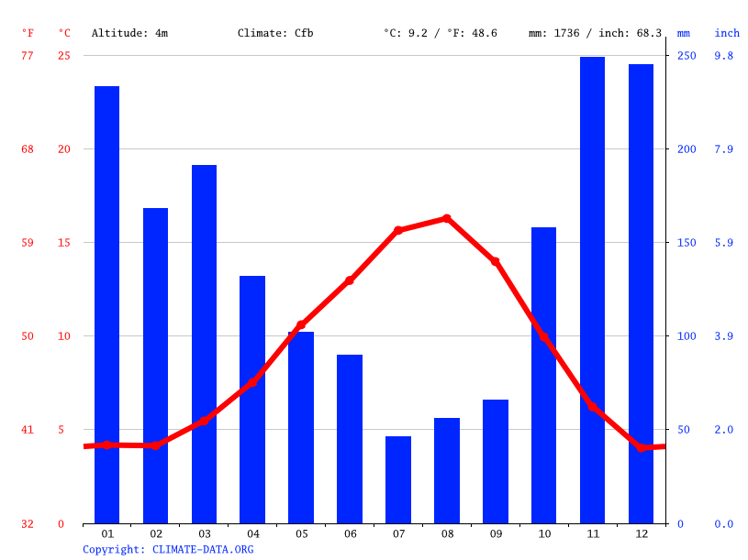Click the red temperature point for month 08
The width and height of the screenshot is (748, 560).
pos(447,218)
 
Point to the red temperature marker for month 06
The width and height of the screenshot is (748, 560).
pos(350,280)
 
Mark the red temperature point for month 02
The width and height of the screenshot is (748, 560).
pos(155,445)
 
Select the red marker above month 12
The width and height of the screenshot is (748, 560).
pos(642,447)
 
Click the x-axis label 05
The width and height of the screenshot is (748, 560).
pos(301,533)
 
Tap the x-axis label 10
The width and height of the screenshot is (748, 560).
pos(544,533)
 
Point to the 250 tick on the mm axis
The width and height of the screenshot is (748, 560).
pos(687,56)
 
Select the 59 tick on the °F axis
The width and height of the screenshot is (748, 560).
pos(28,243)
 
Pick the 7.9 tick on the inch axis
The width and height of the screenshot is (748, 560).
pos(724,149)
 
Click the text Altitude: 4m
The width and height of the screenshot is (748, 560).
pos(129,33)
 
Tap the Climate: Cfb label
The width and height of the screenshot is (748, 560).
pos(275,33)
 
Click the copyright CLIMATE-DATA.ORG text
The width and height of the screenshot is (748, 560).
pos(168,549)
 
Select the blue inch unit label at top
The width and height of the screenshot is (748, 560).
pos(727,33)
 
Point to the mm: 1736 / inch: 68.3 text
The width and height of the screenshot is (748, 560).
pos(595,33)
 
